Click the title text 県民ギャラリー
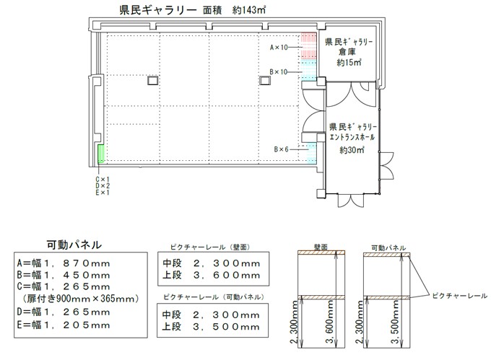158,10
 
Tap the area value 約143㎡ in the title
249,10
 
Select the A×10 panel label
279,47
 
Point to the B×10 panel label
279,72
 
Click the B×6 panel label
281,149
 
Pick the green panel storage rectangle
101,154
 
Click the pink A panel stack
309,46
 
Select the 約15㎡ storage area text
349,62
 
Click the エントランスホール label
352,137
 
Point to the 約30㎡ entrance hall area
352,150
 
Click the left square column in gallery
153,81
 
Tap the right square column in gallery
265,80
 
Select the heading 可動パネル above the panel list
74,245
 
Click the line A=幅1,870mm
64,263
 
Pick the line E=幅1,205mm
64,325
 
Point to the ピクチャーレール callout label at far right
460,296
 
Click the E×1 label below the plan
103,193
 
